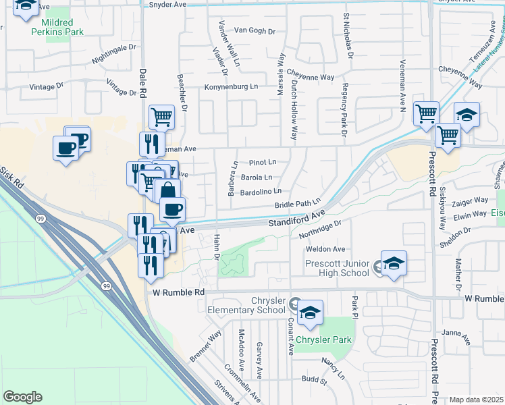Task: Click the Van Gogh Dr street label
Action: click(255, 31)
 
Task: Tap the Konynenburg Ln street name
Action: click(232, 87)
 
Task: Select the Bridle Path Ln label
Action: click(296, 204)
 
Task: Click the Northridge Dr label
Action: click(317, 231)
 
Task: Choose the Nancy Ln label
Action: click(333, 368)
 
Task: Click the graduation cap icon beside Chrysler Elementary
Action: click(310, 312)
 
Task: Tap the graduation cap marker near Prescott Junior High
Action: click(394, 263)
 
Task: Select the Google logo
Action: click(22, 397)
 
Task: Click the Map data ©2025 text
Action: click(476, 400)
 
